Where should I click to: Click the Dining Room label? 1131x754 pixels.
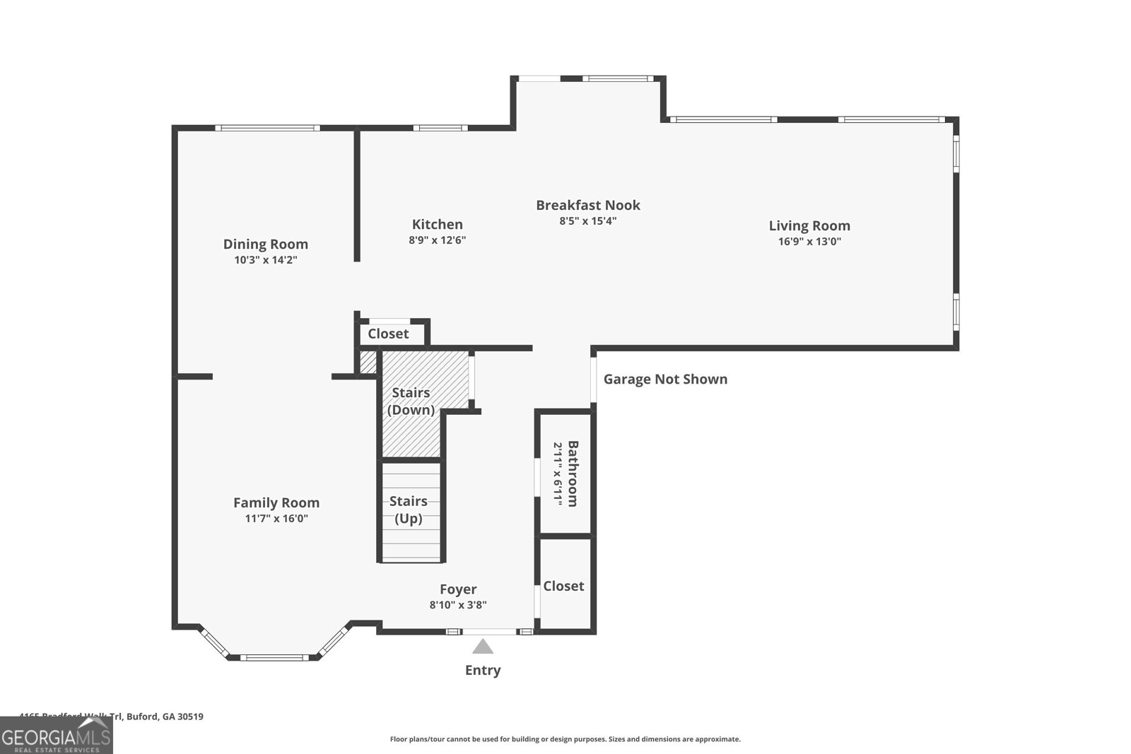coord(265,244)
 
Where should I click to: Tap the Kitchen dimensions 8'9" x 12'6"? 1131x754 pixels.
coord(437,240)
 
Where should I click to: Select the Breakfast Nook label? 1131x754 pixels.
coord(587,205)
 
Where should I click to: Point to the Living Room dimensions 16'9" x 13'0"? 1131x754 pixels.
coord(809,242)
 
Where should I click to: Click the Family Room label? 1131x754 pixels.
coord(276,502)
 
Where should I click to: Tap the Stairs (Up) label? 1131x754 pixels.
coord(409,509)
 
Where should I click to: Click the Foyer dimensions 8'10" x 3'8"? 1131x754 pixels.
coord(457,605)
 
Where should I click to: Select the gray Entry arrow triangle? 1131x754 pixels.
coord(483,647)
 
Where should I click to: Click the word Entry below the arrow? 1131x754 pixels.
coord(483,670)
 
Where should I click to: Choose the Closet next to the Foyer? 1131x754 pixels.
coord(563,586)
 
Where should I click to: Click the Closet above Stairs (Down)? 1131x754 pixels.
coord(388,334)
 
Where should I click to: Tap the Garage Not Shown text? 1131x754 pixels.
coord(665,379)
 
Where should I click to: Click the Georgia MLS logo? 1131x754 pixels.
coord(56,736)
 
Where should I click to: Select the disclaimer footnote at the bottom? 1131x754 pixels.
coord(565,739)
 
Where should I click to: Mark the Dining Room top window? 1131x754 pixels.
coord(267,128)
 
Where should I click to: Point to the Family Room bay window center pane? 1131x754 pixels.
coord(274,657)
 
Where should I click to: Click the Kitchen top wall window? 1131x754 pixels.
coord(440,128)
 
